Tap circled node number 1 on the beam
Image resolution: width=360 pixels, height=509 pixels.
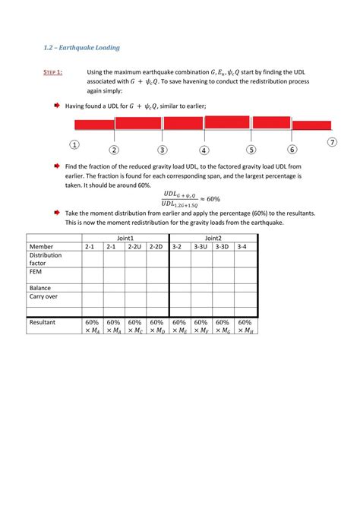coord(74,144)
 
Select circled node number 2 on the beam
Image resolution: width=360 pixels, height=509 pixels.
coord(113,150)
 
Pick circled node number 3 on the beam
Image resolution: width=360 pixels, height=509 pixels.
coord(162,150)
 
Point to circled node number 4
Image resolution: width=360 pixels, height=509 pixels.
coord(204,150)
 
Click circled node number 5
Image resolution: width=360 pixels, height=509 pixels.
coord(251,150)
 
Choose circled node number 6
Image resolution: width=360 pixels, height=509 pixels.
coord(292,150)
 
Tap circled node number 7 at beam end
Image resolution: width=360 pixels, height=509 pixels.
coord(332,142)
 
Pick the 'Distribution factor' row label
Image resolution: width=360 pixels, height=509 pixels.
coord(46,260)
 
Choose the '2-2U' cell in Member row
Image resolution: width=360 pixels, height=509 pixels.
coord(134,247)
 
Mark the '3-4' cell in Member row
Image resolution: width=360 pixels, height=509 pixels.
coord(242,247)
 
